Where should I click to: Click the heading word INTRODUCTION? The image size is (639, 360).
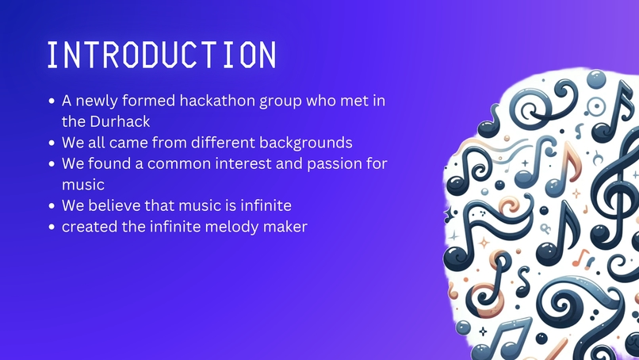point(162,55)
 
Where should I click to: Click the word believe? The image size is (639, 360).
point(113,205)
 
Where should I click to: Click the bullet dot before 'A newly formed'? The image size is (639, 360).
point(52,102)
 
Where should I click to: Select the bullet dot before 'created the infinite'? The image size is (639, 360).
point(52,227)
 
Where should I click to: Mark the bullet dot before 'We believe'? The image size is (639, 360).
point(52,206)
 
